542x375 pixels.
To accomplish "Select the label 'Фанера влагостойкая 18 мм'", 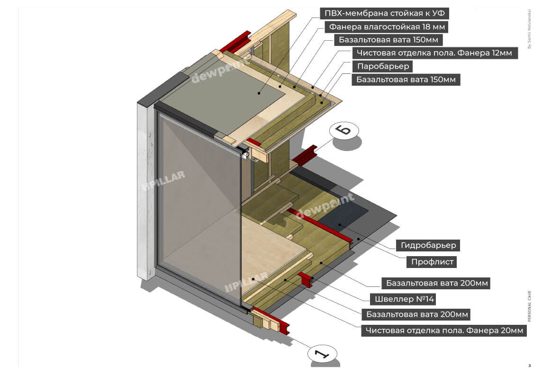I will (386, 27).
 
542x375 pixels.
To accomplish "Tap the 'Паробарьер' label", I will (383, 66).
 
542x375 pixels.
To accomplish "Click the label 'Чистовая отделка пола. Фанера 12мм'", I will (434, 53).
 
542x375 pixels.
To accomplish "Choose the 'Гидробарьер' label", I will (428, 245).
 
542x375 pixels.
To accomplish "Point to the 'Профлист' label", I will (433, 261).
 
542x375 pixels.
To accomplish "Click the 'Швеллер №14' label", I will (405, 299).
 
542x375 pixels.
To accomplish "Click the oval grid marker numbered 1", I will (322, 354).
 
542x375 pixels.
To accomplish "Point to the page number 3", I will (529, 366).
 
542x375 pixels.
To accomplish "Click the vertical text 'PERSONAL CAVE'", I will (529, 306).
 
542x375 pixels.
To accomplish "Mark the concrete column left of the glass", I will (146, 189).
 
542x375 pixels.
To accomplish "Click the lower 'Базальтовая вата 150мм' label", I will (406, 80).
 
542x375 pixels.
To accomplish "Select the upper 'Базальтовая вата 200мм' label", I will (435, 284).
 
